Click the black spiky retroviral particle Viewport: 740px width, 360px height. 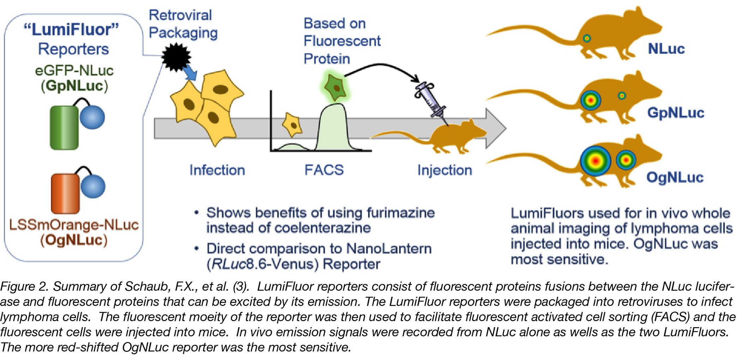[176, 57]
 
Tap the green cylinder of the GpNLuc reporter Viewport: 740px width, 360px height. [64, 127]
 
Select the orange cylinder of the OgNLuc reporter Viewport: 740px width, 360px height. [65, 193]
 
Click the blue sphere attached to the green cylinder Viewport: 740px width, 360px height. [92, 117]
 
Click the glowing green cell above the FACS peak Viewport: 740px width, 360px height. [334, 86]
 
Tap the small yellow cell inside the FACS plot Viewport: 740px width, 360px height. [292, 125]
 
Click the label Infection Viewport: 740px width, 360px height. [217, 170]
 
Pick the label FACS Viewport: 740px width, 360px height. [324, 170]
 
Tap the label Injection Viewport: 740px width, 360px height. [445, 170]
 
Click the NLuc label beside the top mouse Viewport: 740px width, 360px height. [666, 49]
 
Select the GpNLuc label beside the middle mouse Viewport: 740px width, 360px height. [675, 113]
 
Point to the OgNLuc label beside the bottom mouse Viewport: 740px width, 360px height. [675, 177]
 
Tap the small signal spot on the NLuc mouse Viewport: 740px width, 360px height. [586, 38]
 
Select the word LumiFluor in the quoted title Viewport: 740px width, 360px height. [71, 30]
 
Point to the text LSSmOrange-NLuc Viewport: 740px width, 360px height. [74, 225]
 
